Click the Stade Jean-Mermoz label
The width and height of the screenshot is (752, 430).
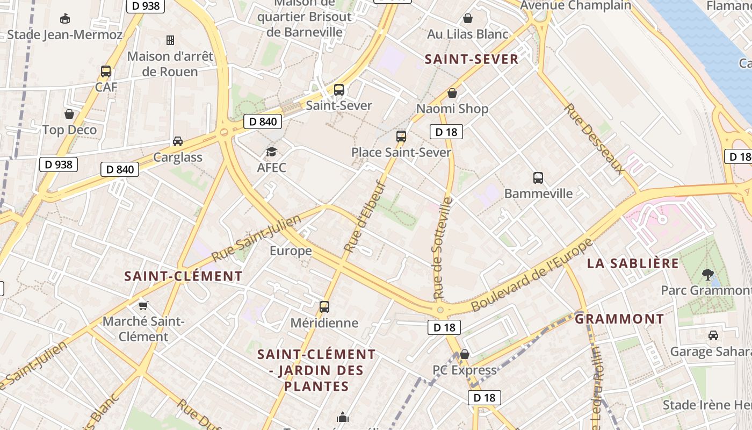click(x=65, y=35)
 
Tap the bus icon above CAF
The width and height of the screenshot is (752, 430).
click(x=106, y=71)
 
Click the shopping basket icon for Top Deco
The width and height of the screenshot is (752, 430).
click(x=69, y=114)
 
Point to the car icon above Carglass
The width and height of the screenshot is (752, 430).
click(x=177, y=141)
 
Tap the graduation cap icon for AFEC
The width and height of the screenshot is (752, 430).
click(x=271, y=152)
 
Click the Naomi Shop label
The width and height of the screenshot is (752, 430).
click(x=452, y=109)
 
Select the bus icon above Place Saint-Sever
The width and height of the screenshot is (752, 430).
click(x=401, y=136)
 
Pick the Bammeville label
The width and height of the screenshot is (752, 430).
click(x=538, y=193)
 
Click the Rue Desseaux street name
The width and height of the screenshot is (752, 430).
click(x=594, y=139)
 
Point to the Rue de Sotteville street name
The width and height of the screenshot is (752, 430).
click(x=443, y=248)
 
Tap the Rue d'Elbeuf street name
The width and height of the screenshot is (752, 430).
click(x=365, y=217)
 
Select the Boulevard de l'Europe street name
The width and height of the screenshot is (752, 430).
click(x=532, y=275)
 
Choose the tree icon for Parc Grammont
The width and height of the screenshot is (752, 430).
click(x=707, y=275)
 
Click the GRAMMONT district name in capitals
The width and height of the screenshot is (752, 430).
click(x=619, y=319)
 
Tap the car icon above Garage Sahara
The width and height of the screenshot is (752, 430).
click(x=713, y=335)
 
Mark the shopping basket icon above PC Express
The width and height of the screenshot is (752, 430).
click(x=465, y=354)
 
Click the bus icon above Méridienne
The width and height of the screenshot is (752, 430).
click(x=324, y=307)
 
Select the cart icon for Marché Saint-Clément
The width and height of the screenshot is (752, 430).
click(x=143, y=305)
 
